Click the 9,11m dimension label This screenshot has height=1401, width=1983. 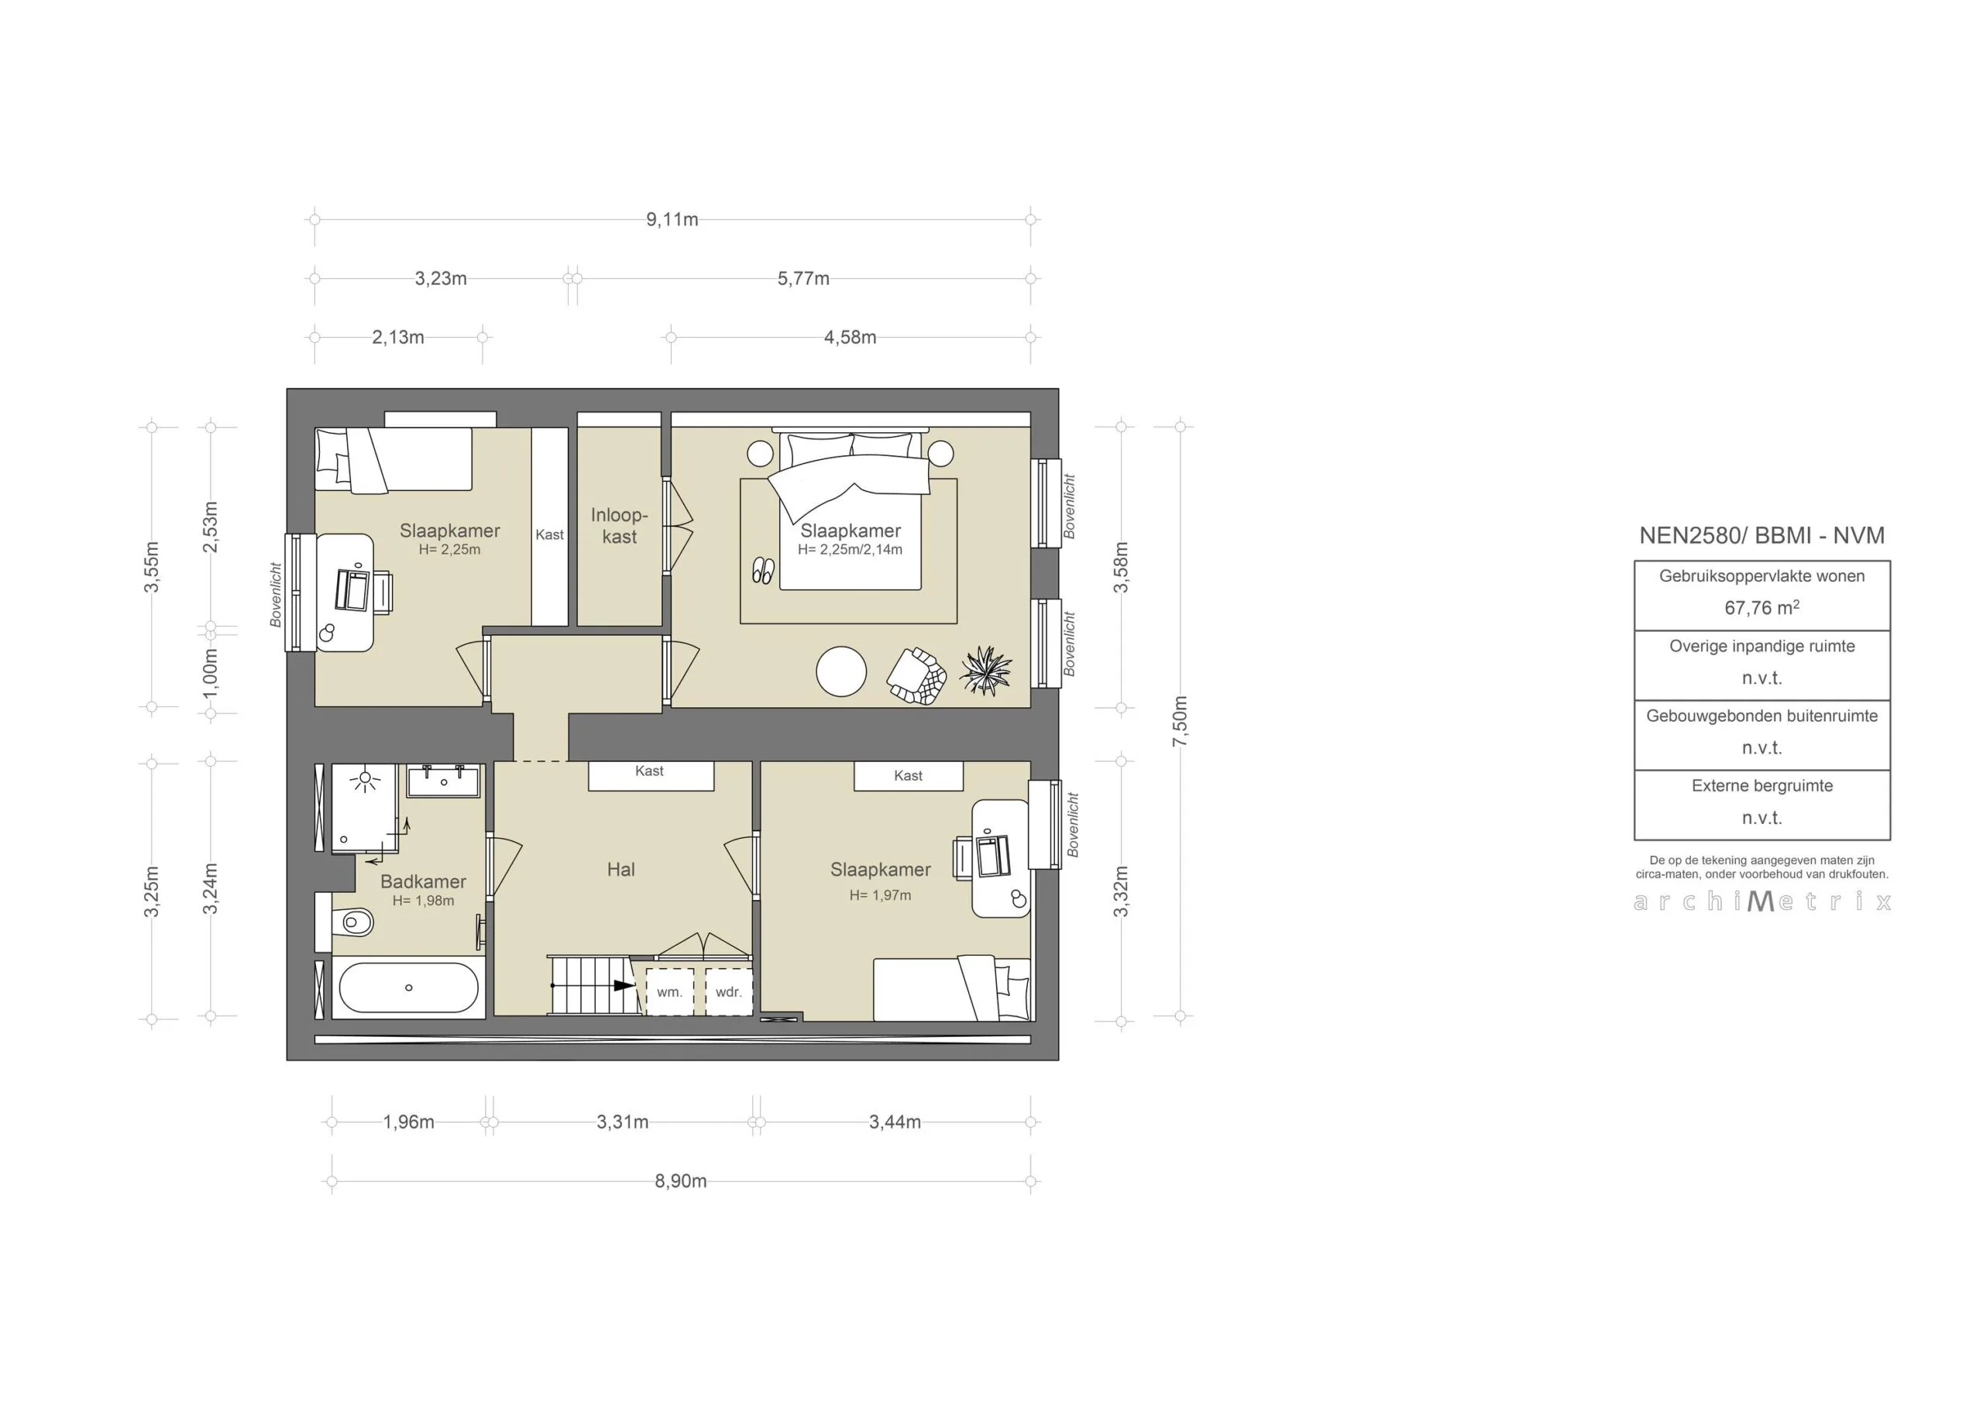[x=672, y=219]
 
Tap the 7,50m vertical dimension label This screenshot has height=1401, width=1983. [x=1180, y=721]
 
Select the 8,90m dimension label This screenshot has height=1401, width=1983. [x=681, y=1181]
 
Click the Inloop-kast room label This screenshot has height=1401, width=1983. [x=619, y=525]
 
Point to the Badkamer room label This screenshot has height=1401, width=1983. [x=423, y=882]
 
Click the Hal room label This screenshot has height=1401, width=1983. [x=620, y=870]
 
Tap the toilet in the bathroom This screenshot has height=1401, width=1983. [x=352, y=922]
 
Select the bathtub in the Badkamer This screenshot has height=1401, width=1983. [x=408, y=987]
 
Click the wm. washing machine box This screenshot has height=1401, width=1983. [x=669, y=992]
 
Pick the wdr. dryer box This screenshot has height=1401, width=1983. [x=728, y=992]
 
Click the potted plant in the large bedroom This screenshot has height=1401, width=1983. [x=985, y=670]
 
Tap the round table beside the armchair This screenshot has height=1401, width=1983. [x=841, y=671]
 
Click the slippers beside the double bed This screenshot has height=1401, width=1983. [x=763, y=571]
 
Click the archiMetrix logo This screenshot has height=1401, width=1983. [x=1762, y=901]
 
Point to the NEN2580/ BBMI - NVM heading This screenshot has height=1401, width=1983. [x=1762, y=535]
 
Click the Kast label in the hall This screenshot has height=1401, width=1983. [x=649, y=771]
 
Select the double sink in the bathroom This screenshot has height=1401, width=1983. [x=443, y=781]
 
